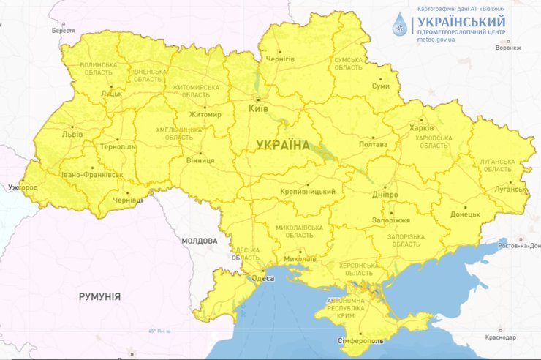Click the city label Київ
pyautogui.click(x=259, y=108)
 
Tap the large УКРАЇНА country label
pyautogui.click(x=283, y=146)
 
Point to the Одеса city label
pyautogui.click(x=262, y=278)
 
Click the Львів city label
pyautogui.click(x=72, y=135)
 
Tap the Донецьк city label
pyautogui.click(x=465, y=214)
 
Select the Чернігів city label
pyautogui.click(x=280, y=59)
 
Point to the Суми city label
pyautogui.click(x=381, y=86)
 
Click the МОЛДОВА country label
pyautogui.click(x=200, y=241)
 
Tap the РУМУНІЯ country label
pyautogui.click(x=99, y=296)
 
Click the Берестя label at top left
pyautogui.click(x=63, y=31)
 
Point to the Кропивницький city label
pyautogui.click(x=308, y=192)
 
